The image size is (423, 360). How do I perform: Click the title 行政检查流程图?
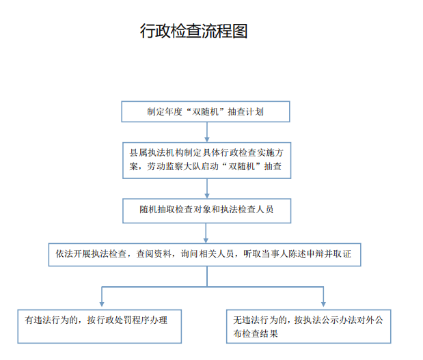point(193,31)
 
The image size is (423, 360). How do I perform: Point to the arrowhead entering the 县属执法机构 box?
point(207,139)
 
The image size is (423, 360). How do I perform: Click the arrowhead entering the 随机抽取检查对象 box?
point(207,196)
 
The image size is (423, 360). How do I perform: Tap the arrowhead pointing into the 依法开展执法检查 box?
point(206,240)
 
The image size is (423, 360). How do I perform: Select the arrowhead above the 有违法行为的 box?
point(102,304)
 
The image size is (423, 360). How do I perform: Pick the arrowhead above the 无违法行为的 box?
point(323,304)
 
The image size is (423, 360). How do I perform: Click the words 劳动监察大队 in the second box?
point(174,167)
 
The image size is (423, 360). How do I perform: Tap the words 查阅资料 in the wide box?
point(154,253)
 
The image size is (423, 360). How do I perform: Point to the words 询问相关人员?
point(207,253)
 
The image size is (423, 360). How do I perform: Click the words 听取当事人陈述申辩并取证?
point(297,253)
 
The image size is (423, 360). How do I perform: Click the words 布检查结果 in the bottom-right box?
point(256,334)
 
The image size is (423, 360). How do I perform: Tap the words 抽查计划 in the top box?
point(246,111)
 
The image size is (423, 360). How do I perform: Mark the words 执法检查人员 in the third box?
point(247,210)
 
